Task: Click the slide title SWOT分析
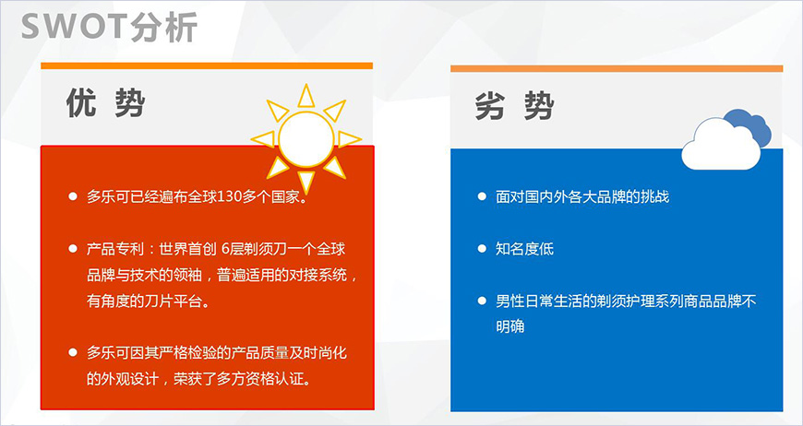109,27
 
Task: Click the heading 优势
105,104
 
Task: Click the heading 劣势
514,106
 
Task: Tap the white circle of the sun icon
306,138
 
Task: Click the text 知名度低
524,249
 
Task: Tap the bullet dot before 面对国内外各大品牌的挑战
482,197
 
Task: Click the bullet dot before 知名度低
482,249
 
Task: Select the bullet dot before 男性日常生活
482,301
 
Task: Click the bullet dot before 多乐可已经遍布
73,197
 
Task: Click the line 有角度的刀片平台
148,301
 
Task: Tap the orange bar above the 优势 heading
207,65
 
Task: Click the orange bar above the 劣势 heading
617,68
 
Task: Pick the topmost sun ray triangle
306,96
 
